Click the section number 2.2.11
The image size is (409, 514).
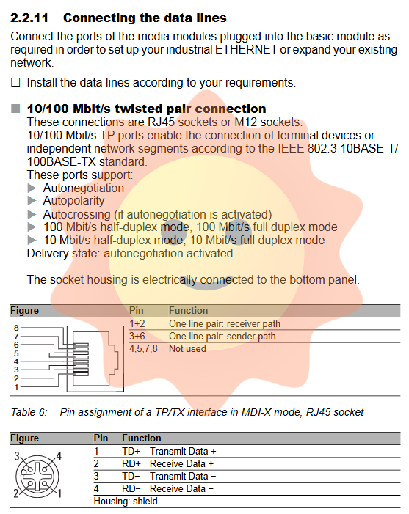coord(29,18)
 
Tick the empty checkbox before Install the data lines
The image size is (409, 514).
coord(15,82)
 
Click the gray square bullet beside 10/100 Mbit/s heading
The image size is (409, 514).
coord(15,109)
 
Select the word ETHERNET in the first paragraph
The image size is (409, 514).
coord(246,50)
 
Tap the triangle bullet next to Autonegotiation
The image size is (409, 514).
coord(32,188)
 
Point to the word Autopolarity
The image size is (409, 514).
coord(74,200)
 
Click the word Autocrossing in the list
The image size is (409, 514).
coord(77,214)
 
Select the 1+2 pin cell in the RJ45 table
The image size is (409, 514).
coord(137,323)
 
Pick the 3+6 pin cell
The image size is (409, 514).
coord(137,336)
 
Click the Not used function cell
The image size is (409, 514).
coord(187,348)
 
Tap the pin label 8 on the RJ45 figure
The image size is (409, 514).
coord(16,328)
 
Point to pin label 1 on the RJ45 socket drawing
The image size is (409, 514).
coord(16,387)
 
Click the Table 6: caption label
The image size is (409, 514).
coord(29,412)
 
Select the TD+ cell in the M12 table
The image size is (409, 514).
coord(131,452)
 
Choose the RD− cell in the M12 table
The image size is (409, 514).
coord(131,489)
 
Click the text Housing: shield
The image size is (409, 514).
coord(126,502)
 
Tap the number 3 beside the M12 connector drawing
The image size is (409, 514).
coord(17,456)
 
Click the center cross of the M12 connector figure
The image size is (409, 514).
coord(37,477)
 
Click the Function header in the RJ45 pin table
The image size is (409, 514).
coord(189,310)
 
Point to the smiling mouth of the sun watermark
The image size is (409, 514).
coord(206,284)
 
